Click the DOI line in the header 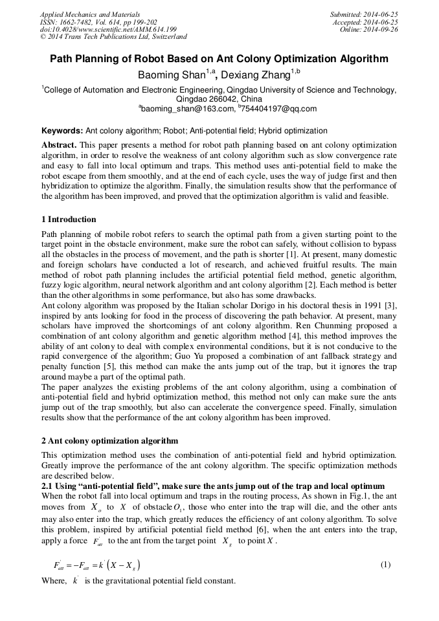[x=108, y=29]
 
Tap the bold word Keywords [x=62, y=131]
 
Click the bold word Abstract [x=59, y=145]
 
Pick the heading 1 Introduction [x=69, y=219]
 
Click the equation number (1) [x=385, y=565]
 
